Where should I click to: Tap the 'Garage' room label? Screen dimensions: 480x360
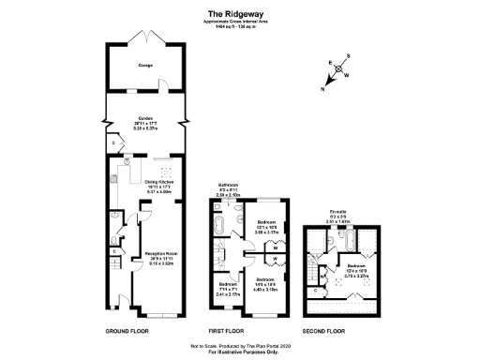point(145,67)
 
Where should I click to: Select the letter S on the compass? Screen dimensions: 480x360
point(348,56)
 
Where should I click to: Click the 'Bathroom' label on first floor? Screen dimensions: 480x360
point(229,185)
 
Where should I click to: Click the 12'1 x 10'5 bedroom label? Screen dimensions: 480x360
point(268,224)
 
